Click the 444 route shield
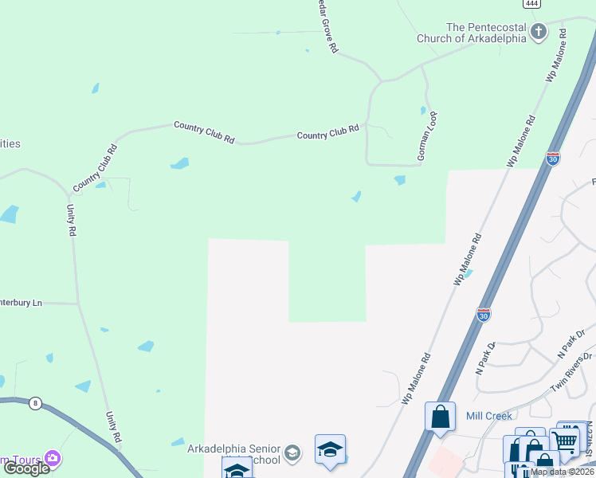click(x=534, y=3)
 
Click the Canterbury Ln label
click(x=21, y=303)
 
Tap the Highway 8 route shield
click(x=35, y=403)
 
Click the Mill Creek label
click(x=488, y=416)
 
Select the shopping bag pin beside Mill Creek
click(x=440, y=416)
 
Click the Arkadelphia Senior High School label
click(x=233, y=454)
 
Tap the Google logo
click(x=26, y=468)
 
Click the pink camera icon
click(x=53, y=458)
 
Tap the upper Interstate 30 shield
click(x=553, y=158)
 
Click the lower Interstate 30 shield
click(x=484, y=314)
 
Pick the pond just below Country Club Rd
click(x=180, y=164)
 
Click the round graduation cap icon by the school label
click(x=292, y=453)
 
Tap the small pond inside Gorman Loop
click(x=423, y=110)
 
